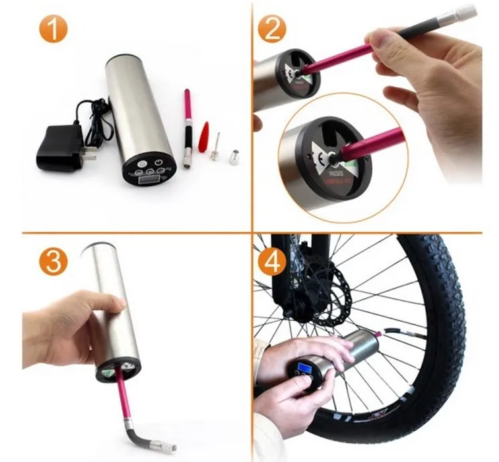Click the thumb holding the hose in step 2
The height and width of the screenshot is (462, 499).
point(392,42)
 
